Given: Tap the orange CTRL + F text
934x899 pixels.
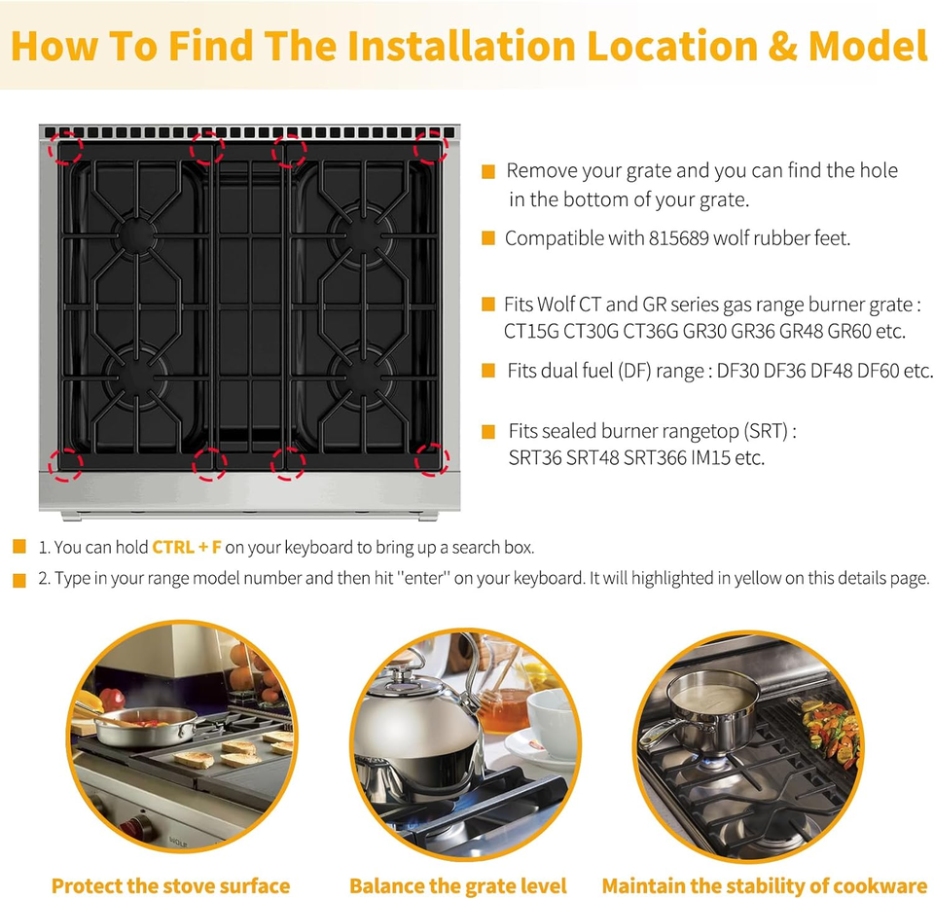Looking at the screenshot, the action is tap(187, 547).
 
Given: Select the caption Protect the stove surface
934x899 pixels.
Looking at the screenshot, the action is tap(171, 886).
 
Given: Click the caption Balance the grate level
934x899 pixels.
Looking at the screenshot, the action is tap(457, 886).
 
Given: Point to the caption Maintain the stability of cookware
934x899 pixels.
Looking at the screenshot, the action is tap(768, 886).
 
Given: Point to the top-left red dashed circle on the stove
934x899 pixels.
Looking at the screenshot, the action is tap(65, 148).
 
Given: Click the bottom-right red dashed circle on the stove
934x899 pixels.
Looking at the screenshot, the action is tap(432, 459).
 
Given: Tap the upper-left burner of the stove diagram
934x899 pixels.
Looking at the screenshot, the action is tap(137, 235).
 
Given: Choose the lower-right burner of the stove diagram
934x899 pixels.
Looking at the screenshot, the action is tap(362, 378).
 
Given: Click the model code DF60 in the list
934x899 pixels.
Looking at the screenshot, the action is tap(878, 371).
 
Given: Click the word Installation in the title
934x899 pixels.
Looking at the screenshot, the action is tap(461, 46).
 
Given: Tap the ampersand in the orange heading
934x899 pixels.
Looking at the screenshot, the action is tap(782, 46).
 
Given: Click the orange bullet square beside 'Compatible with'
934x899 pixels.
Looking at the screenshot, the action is tap(487, 238).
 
